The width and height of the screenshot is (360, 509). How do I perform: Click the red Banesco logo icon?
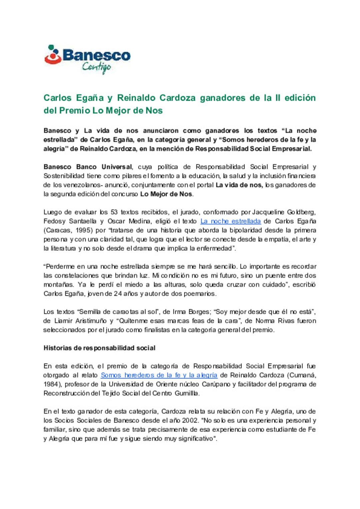53,55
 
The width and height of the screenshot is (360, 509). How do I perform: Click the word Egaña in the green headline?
90,98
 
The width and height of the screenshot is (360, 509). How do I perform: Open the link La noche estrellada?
230,221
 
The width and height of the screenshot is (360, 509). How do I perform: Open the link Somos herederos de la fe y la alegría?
159,375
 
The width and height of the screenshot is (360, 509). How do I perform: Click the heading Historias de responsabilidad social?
99,348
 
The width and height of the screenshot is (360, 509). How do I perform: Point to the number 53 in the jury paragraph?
114,212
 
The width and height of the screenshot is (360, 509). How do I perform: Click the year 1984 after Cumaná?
51,384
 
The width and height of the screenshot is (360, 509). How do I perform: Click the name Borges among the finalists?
199,312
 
